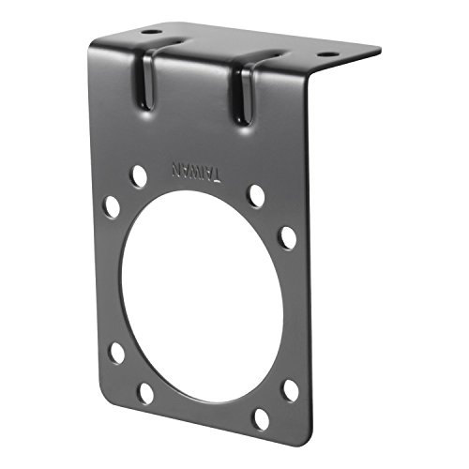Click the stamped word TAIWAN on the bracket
(x=196, y=172)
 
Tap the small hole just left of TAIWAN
(x=138, y=174)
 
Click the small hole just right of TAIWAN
(x=255, y=195)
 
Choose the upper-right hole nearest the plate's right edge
(x=288, y=237)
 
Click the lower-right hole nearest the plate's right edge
(x=291, y=388)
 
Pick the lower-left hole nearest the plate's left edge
(x=116, y=354)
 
